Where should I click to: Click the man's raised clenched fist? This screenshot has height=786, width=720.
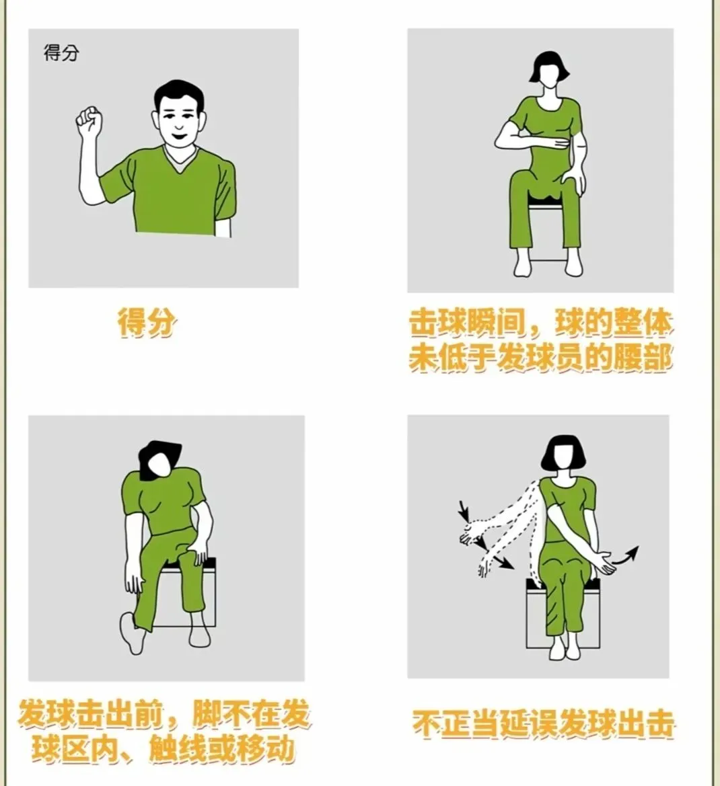(x=89, y=120)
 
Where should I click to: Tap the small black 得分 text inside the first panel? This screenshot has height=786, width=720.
(x=61, y=53)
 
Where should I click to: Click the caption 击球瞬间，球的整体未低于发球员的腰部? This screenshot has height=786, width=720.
(x=540, y=341)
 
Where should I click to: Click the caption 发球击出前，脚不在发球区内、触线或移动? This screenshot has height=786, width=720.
(x=164, y=732)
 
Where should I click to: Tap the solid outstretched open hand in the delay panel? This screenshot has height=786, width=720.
(x=606, y=563)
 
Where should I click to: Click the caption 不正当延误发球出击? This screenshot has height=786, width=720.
(x=543, y=724)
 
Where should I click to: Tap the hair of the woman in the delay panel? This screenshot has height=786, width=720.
(x=562, y=452)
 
